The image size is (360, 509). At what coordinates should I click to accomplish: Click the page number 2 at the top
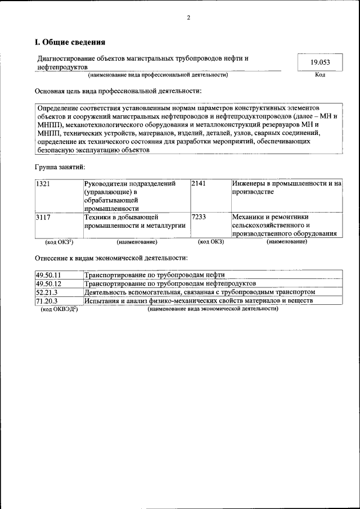coord(188,18)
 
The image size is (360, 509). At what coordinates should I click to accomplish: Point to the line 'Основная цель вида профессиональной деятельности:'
coord(118,91)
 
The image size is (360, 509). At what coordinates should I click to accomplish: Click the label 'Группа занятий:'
coord(60,167)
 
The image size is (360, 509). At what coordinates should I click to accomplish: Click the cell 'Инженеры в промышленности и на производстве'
coord(286,188)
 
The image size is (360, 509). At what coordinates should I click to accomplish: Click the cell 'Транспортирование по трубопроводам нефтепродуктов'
coord(170,283)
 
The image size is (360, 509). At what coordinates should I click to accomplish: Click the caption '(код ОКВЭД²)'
coord(60,309)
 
